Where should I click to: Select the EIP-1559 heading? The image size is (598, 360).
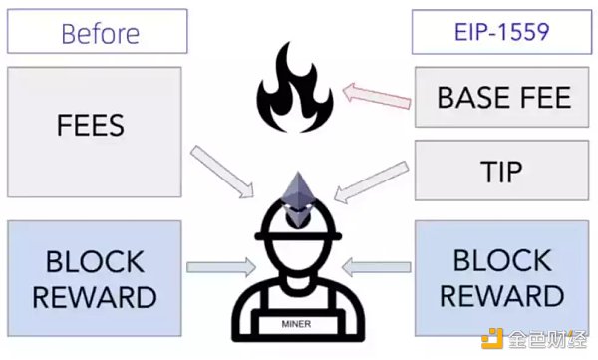click(501, 32)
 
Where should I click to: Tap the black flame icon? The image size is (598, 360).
click(295, 88)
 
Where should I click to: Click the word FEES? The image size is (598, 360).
click(91, 125)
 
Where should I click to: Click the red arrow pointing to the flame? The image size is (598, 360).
click(377, 96)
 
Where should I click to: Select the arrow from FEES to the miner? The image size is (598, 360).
click(222, 172)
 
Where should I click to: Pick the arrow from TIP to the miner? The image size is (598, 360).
click(371, 181)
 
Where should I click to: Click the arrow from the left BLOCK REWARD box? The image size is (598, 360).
click(221, 267)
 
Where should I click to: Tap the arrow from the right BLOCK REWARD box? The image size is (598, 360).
click(377, 267)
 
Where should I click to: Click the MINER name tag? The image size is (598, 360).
click(296, 324)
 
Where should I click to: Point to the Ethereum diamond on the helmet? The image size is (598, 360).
click(297, 199)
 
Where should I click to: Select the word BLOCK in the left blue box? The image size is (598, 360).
click(95, 262)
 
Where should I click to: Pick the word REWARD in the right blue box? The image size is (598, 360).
click(502, 296)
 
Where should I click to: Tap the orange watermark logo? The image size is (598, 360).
click(492, 339)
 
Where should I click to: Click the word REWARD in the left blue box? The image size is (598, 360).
click(95, 297)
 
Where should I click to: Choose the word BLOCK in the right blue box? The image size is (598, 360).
click(502, 260)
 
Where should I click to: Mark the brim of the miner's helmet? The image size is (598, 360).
click(298, 236)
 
